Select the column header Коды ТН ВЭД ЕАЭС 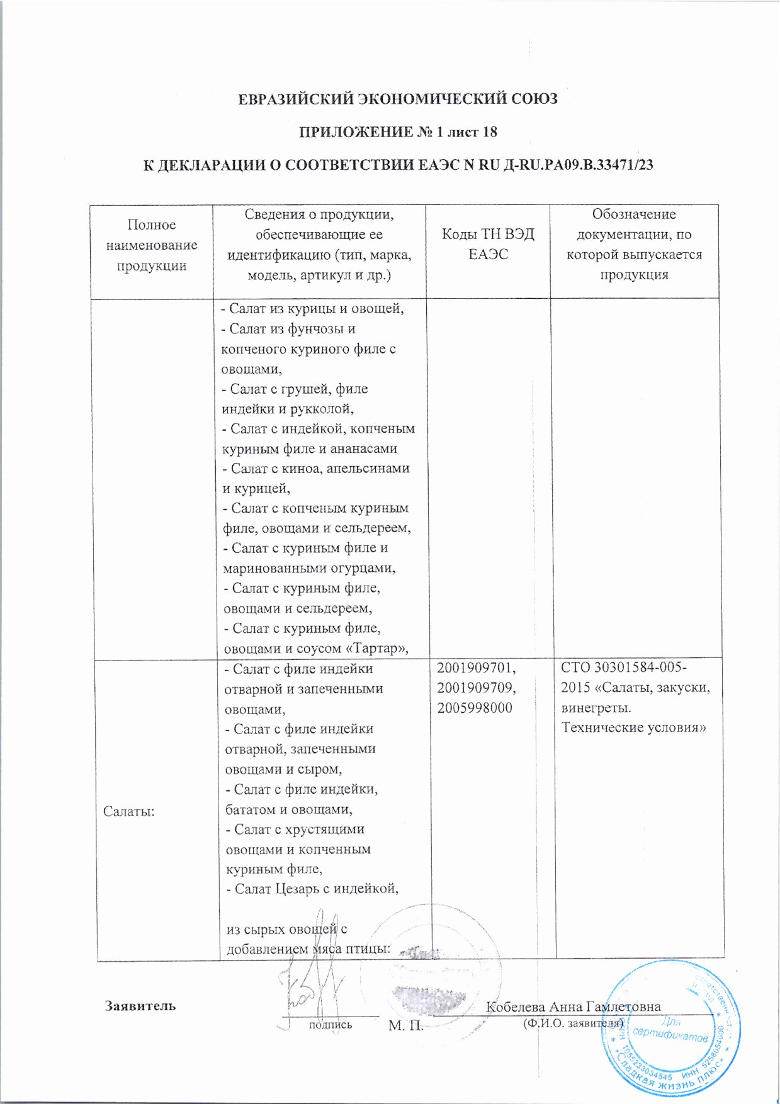(x=488, y=244)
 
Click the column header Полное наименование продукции (x=152, y=245)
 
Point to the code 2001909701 (x=476, y=668)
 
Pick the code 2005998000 (x=475, y=708)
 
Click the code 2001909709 (x=476, y=688)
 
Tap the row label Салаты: (x=129, y=811)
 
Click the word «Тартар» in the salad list (x=373, y=649)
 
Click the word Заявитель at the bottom (x=140, y=1005)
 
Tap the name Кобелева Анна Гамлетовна (x=573, y=1006)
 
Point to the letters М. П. (x=405, y=1026)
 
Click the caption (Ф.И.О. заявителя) (x=572, y=1023)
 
